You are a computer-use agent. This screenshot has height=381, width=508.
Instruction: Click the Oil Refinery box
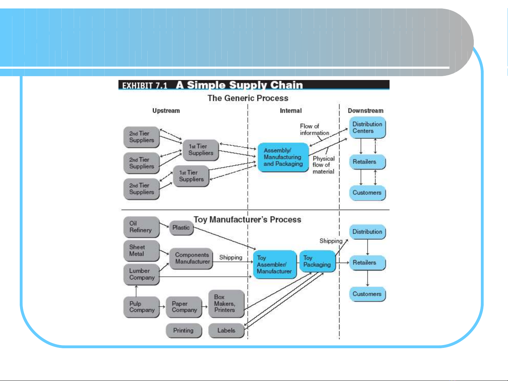(141, 227)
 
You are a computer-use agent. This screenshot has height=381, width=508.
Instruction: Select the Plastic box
(181, 228)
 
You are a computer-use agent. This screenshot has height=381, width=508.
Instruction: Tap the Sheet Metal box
(141, 251)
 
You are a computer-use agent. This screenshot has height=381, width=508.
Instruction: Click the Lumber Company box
(141, 274)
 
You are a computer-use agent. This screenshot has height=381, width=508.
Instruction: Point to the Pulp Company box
(141, 307)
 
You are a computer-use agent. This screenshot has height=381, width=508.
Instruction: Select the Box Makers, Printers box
(226, 303)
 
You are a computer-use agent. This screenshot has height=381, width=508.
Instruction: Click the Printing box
(184, 331)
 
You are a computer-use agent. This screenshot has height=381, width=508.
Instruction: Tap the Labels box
(226, 331)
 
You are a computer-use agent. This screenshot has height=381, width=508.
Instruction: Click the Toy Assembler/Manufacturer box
(275, 264)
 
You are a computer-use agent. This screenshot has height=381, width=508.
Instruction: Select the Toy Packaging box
(317, 261)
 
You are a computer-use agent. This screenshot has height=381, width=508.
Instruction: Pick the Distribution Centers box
(367, 128)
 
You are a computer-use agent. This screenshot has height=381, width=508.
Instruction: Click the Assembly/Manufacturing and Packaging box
(283, 157)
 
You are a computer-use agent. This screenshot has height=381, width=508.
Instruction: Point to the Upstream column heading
(166, 111)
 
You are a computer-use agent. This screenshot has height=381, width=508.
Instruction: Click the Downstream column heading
(366, 111)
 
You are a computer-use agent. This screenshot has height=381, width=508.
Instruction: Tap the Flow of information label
(314, 129)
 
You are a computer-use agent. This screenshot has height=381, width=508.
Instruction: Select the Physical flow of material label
(323, 165)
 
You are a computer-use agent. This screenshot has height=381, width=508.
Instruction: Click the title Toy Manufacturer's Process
(247, 220)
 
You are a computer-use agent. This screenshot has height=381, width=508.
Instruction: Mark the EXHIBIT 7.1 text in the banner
(145, 86)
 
